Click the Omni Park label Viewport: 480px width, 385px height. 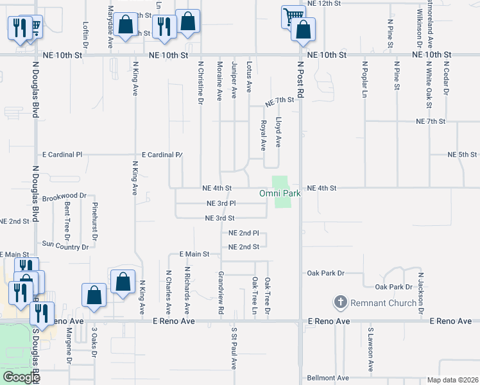tap(280, 193)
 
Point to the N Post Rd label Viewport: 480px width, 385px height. tap(300, 83)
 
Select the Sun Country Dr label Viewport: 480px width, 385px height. tap(65, 244)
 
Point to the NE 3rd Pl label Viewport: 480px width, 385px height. tap(221, 203)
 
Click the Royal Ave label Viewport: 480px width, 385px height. tap(263, 135)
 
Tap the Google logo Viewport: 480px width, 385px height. tap(21, 377)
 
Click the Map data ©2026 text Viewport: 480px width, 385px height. tap(452, 380)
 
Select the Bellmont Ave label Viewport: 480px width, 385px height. tap(327, 378)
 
